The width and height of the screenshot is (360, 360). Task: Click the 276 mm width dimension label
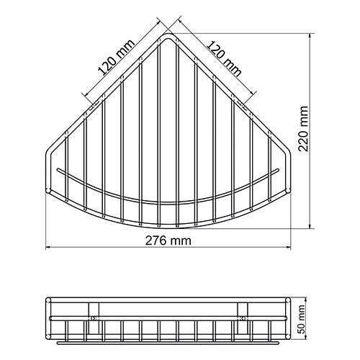coord(168,240)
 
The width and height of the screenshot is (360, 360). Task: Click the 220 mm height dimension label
coord(303,129)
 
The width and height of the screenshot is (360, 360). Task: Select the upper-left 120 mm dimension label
coord(116,58)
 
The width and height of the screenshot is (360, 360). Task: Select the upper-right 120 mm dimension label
coord(224,58)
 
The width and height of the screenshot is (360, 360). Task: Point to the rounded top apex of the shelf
coord(168,35)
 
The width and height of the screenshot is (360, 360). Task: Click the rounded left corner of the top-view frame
coord(49,152)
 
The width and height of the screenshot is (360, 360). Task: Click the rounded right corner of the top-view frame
coord(287,152)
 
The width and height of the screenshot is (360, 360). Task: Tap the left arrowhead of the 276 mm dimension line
coord(48,247)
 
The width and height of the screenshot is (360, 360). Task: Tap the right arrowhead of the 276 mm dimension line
coord(288,247)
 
